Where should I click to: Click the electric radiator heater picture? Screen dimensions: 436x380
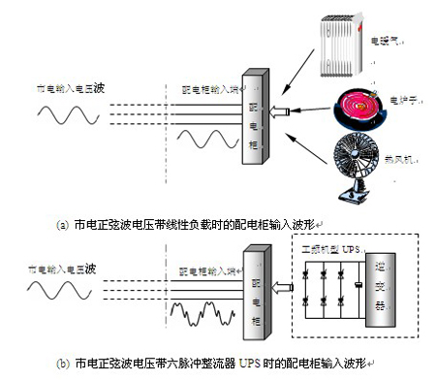tap(338, 44)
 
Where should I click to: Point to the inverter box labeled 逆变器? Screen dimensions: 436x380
tap(397, 291)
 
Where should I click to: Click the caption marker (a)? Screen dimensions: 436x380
tap(63, 225)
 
